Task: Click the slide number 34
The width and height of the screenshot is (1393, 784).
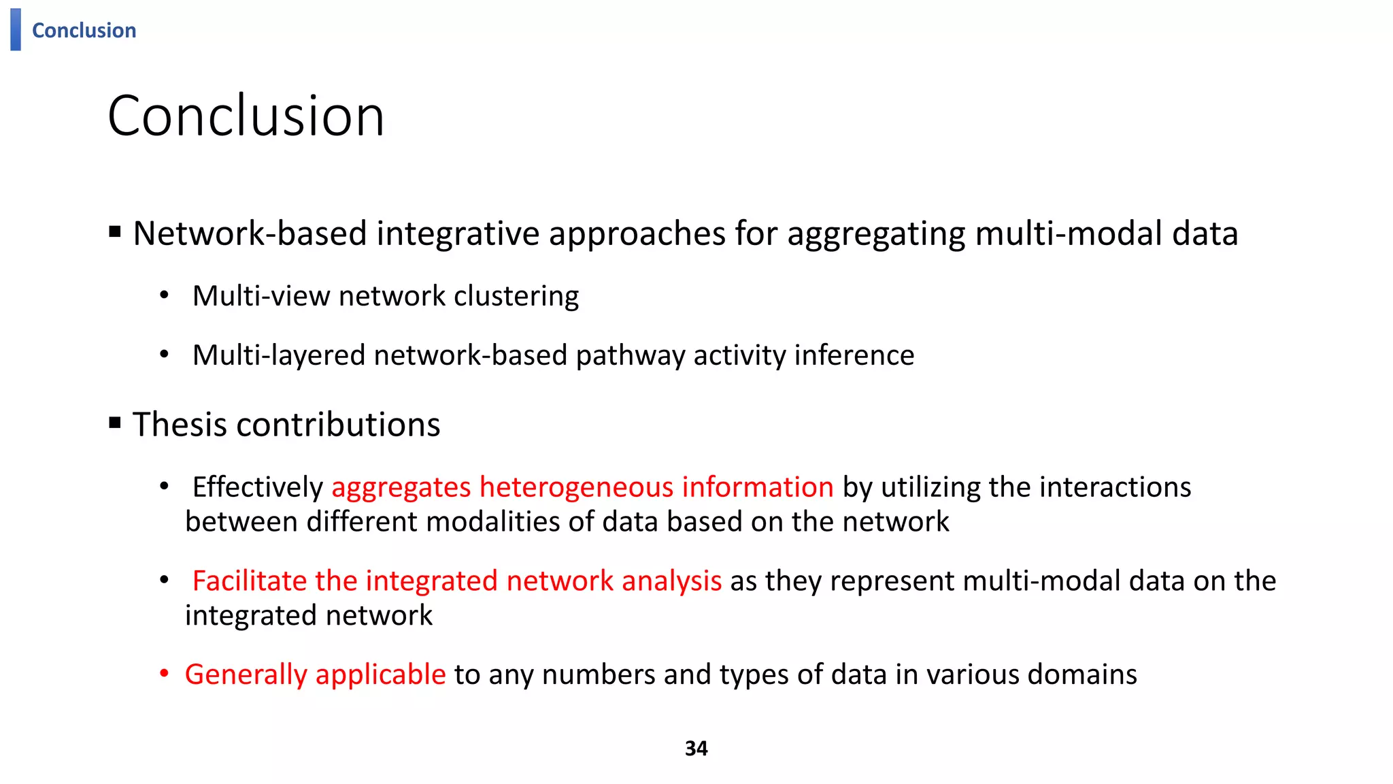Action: (696, 749)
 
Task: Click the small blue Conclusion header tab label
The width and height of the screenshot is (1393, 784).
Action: (84, 31)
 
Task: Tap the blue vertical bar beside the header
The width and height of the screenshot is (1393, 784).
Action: (16, 29)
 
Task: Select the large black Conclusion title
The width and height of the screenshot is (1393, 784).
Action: (246, 116)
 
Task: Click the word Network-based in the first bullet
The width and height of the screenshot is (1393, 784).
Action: (250, 233)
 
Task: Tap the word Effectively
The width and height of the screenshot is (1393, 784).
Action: (258, 487)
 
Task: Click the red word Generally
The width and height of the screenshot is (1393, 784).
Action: (246, 675)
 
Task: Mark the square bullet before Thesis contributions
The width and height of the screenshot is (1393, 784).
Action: (115, 423)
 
